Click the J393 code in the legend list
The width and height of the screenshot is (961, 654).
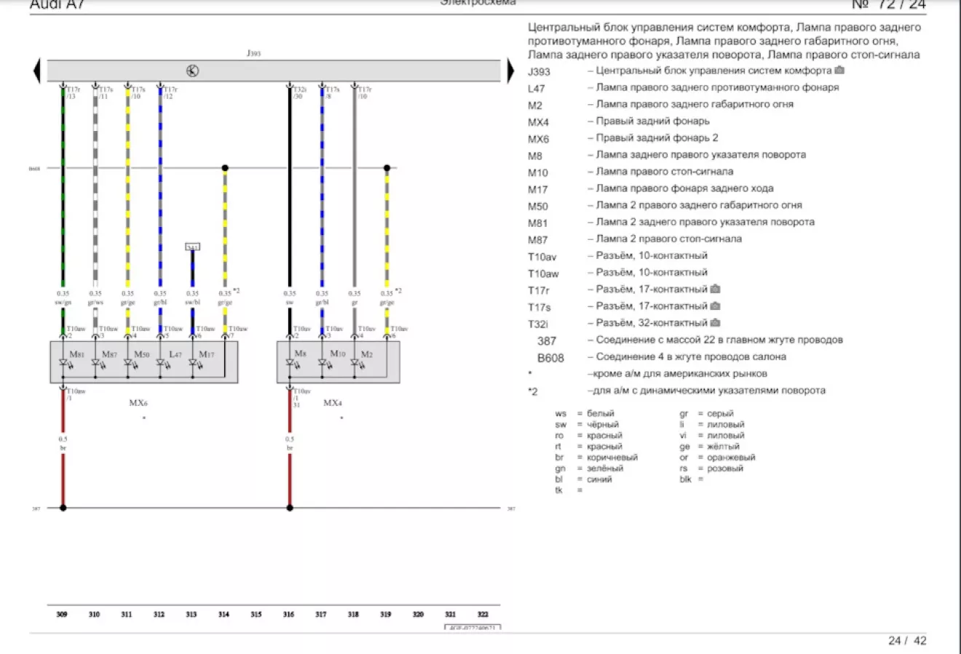pos(539,72)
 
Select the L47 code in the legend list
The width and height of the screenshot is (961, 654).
pos(536,89)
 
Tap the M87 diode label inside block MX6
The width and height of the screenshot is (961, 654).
pos(109,354)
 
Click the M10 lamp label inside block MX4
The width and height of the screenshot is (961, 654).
pos(337,354)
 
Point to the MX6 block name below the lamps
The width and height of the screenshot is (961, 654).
pos(138,402)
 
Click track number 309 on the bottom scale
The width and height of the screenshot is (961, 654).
pos(62,615)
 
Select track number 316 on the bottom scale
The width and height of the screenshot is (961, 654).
pos(289,615)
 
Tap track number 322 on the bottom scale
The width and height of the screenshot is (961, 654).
pos(483,615)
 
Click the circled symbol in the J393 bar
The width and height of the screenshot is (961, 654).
pos(192,71)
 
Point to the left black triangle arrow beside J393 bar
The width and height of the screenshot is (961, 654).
pos(36,71)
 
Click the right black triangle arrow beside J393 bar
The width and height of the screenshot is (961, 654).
pos(510,71)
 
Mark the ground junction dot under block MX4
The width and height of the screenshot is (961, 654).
pos(290,508)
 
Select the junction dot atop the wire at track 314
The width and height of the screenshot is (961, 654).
pos(225,168)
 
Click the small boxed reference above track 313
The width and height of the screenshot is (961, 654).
pos(192,247)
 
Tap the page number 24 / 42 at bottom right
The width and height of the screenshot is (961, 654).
pos(907,641)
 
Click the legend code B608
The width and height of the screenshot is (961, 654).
pos(550,358)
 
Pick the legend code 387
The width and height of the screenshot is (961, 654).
pos(547,340)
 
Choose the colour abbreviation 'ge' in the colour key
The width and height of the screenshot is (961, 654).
pos(684,447)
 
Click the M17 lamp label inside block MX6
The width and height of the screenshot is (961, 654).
pos(206,354)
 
